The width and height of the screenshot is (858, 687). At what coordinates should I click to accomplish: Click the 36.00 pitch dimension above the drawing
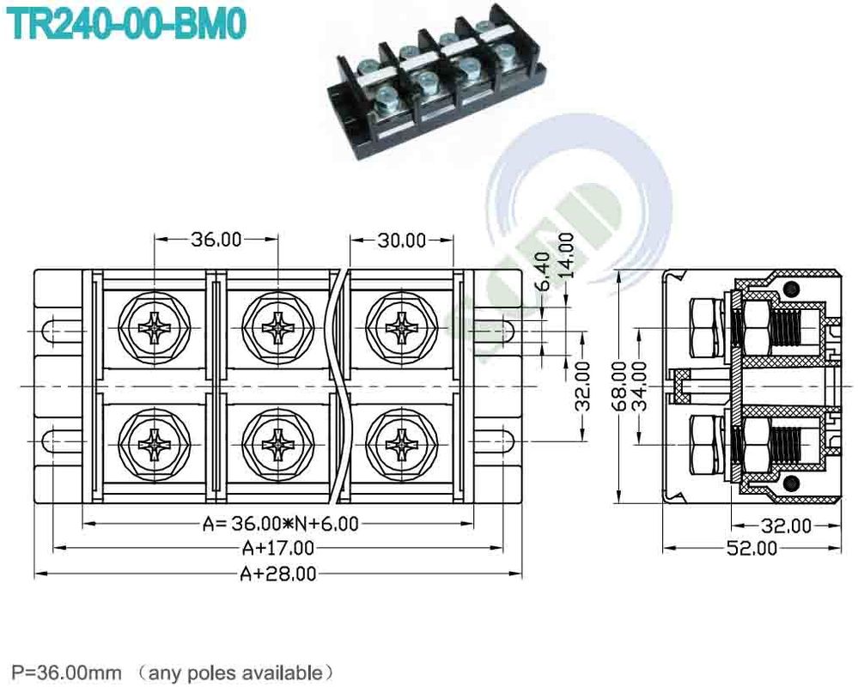click(x=216, y=240)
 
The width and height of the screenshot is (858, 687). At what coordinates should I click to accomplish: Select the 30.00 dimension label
click(x=402, y=240)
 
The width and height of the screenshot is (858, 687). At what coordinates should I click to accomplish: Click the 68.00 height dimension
click(x=618, y=386)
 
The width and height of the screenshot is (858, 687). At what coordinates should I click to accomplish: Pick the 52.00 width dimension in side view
click(x=753, y=548)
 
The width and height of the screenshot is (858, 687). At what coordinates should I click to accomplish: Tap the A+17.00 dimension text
click(x=278, y=548)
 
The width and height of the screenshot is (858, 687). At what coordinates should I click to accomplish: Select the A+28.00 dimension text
click(x=278, y=573)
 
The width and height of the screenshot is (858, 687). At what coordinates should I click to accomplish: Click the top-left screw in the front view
click(x=155, y=327)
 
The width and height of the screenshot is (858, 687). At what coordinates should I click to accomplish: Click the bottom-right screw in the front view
click(x=400, y=445)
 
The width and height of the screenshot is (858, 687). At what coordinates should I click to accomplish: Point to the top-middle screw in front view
click(x=277, y=327)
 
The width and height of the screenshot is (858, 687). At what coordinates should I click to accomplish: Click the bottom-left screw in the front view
click(x=155, y=445)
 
